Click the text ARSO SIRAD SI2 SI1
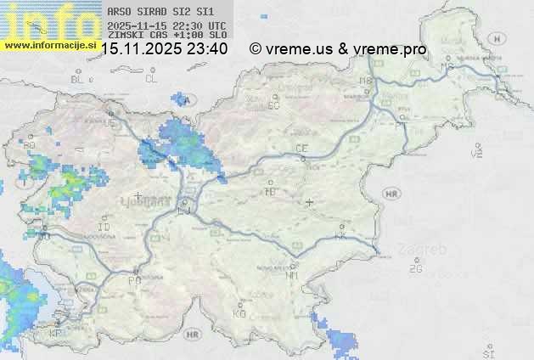coord(155,12)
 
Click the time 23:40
coord(209,49)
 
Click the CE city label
coord(301,149)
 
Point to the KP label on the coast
coord(55,334)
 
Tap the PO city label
coord(133,280)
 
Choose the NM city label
coord(292,275)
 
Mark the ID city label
coord(104,228)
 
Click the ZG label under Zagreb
coord(415,269)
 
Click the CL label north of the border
coord(151,79)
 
